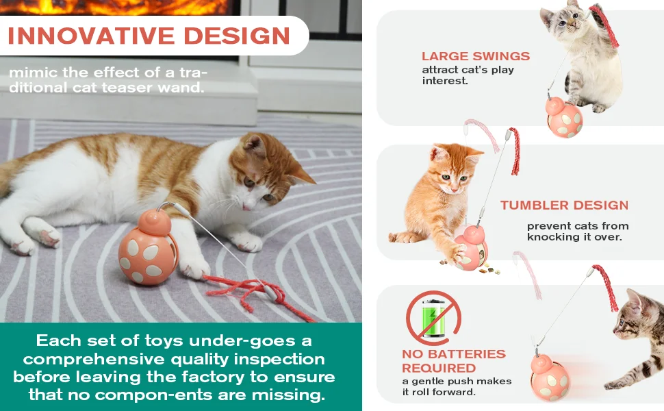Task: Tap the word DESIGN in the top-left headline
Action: click(x=237, y=36)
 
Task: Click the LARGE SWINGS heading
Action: click(x=476, y=56)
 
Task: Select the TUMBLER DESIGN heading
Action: click(x=564, y=205)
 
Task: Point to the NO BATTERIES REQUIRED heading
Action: click(x=454, y=361)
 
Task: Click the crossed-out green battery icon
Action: click(x=433, y=318)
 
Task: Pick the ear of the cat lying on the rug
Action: click(x=255, y=145)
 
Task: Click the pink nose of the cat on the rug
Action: click(x=245, y=207)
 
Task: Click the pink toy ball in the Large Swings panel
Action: click(x=565, y=117)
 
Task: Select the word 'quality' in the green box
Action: click(x=200, y=360)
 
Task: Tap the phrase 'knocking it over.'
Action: click(x=574, y=237)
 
